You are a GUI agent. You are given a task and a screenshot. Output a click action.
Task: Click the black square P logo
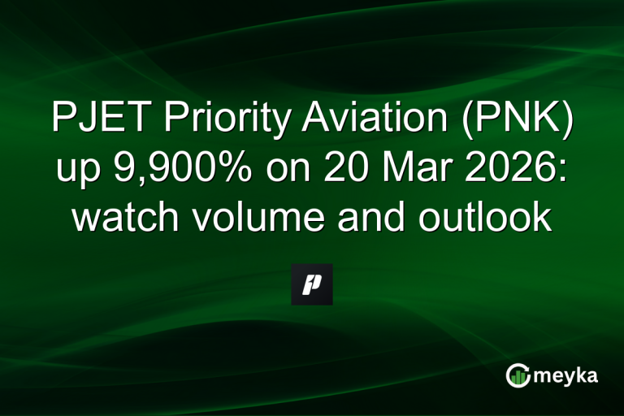(312, 284)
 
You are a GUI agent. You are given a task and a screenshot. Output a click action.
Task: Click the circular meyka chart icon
(518, 375)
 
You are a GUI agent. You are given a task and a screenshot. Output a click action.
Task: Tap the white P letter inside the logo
(312, 284)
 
